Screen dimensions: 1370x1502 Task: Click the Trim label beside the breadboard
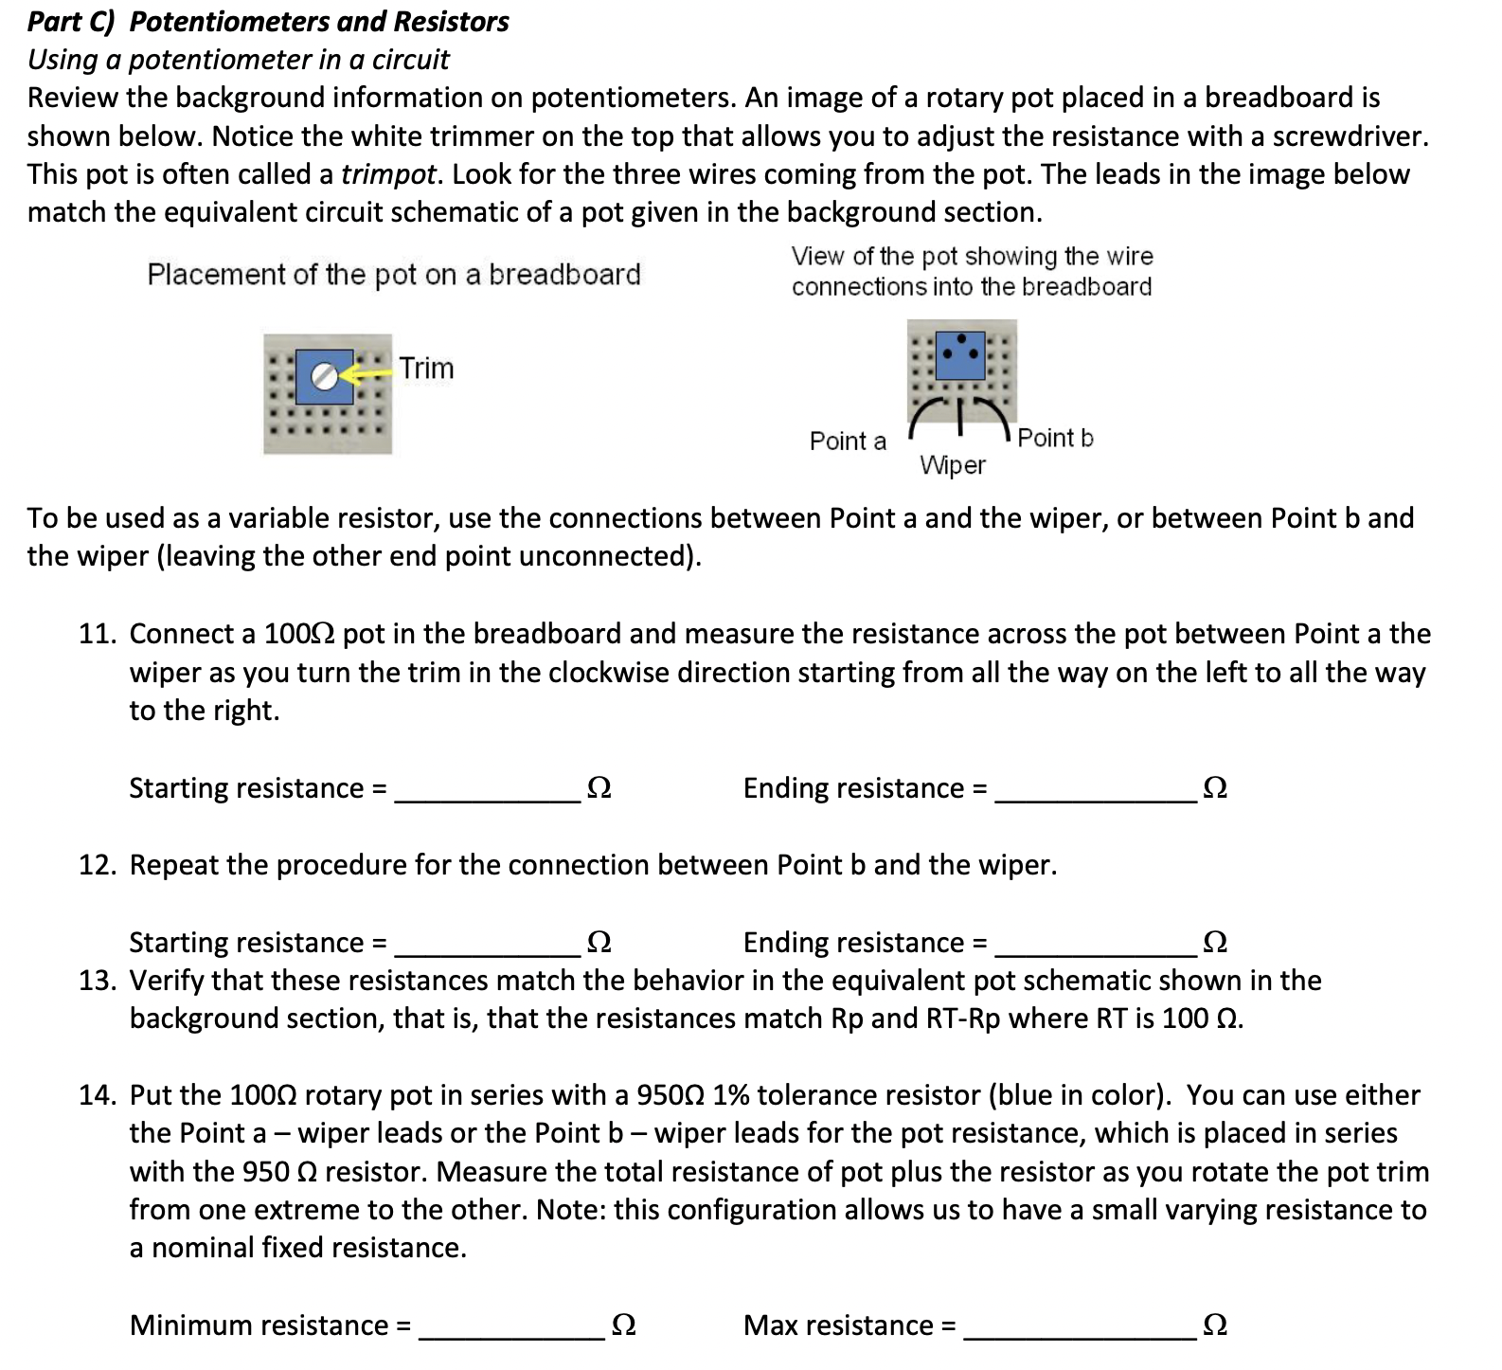point(426,368)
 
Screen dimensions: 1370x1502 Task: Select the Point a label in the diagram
point(848,441)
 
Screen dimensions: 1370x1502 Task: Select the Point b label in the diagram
point(1055,438)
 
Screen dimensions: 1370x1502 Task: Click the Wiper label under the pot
point(953,465)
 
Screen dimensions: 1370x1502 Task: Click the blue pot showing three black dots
point(960,354)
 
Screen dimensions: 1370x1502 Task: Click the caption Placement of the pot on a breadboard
point(394,275)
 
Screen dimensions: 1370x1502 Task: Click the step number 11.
point(97,634)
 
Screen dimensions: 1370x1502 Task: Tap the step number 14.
point(97,1095)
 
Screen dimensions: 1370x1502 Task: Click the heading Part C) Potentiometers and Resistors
point(268,22)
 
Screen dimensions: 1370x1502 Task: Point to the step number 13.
point(97,981)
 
